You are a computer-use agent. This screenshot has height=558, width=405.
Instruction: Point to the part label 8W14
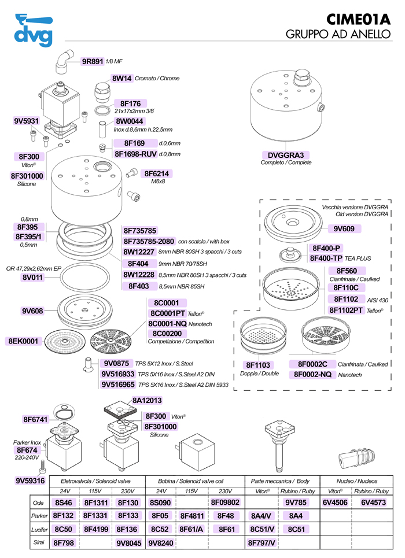coord(122,78)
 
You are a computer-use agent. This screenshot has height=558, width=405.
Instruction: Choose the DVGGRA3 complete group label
coord(286,155)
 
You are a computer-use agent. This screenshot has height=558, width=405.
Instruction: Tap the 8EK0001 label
coord(23,341)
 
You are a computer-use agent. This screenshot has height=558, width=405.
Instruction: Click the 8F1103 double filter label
coord(259,365)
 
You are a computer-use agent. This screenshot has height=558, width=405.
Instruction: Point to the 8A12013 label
coord(147,400)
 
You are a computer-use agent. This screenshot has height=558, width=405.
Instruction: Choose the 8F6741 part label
coord(35,419)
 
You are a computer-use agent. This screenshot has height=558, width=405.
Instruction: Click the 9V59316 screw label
coord(30,481)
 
